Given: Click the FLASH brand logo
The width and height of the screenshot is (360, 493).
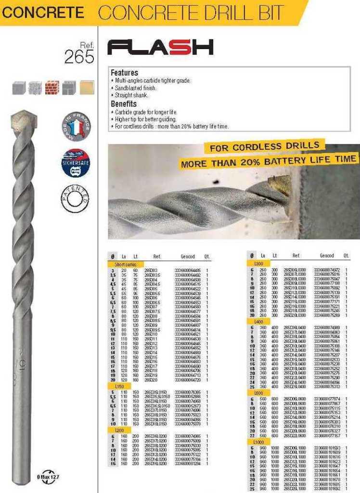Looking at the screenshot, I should tap(160, 47).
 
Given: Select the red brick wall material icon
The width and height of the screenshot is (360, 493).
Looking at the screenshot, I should tap(52, 88).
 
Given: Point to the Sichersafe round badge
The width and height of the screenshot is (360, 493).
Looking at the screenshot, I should tap(76, 163).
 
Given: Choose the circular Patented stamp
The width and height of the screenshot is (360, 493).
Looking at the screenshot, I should tap(76, 197).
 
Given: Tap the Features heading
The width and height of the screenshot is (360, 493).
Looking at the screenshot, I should tap(124, 73).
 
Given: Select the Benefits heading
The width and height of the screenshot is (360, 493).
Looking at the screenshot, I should tap(124, 104).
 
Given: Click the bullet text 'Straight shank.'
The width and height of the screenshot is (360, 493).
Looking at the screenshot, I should tap(131, 95).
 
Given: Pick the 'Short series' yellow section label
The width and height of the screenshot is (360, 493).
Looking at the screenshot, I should tap(125, 264).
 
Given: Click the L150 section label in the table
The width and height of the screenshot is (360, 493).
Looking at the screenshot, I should tap(120, 386).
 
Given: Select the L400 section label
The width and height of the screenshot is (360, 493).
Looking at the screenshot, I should tap(259, 321).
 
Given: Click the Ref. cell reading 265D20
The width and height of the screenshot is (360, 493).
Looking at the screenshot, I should tap(151, 380).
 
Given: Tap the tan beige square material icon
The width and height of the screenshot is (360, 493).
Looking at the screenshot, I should tap(87, 88).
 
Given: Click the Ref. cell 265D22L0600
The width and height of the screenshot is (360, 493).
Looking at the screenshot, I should tap(295, 435).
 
